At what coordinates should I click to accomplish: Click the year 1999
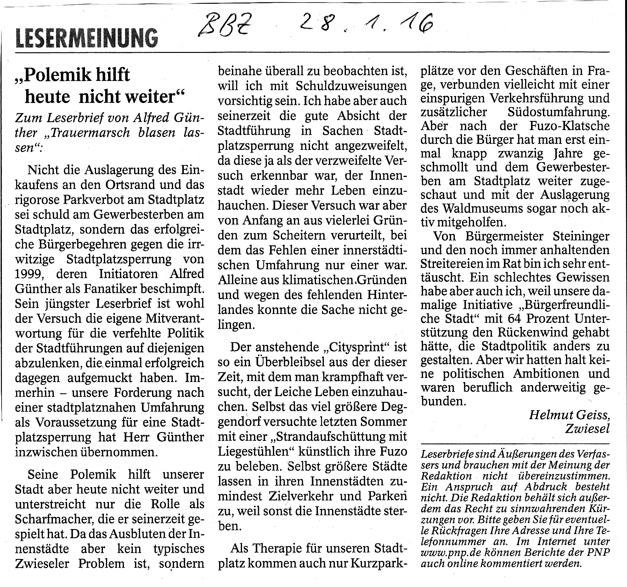30,274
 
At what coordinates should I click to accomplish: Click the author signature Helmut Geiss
569,415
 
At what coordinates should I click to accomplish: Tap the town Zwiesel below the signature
587,429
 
